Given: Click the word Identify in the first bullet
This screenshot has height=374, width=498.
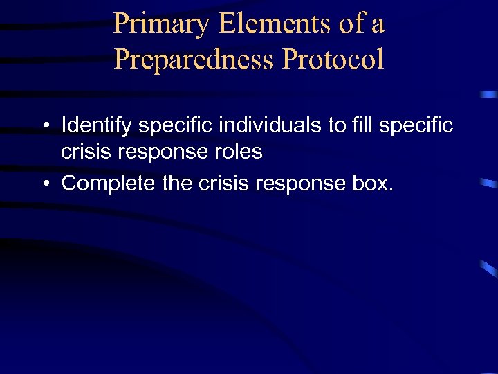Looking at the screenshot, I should coord(97,125).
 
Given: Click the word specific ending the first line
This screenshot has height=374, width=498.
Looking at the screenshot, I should coord(418,125).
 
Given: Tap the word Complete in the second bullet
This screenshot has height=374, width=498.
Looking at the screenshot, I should coord(107,184).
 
